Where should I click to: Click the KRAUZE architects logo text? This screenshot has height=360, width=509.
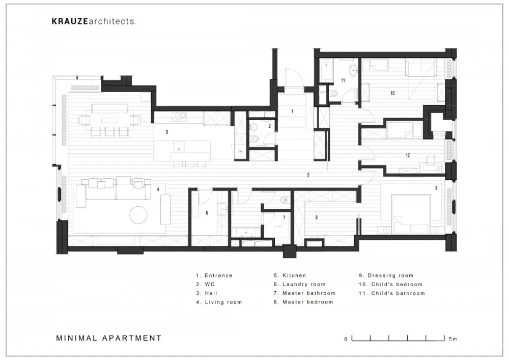pyautogui.click(x=94, y=21)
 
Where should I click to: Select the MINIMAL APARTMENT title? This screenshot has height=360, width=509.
pyautogui.click(x=109, y=338)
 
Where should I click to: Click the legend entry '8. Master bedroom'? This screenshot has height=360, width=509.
pyautogui.click(x=303, y=302)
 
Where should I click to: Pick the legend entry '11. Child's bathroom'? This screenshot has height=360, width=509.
pyautogui.click(x=392, y=293)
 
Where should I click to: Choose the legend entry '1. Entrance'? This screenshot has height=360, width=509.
pyautogui.click(x=214, y=275)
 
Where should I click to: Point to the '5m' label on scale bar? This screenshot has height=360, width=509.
pyautogui.click(x=453, y=339)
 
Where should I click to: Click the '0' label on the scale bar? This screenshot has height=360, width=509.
pyautogui.click(x=346, y=339)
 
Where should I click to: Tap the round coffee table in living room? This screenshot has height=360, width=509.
pyautogui.click(x=138, y=215)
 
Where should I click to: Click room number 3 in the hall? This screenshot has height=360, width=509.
pyautogui.click(x=308, y=175)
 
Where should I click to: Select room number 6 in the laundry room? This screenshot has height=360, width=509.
pyautogui.click(x=207, y=213)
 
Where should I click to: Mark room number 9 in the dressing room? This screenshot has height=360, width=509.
pyautogui.click(x=316, y=217)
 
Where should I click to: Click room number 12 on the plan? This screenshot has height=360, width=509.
pyautogui.click(x=407, y=155)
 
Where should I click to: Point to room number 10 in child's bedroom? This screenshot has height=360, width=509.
pyautogui.click(x=392, y=93)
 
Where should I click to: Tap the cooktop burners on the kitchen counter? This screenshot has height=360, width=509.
pyautogui.click(x=179, y=117)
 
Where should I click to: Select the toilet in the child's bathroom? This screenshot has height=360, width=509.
pyautogui.click(x=334, y=94)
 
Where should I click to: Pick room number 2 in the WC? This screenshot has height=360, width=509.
pyautogui.click(x=270, y=125)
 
